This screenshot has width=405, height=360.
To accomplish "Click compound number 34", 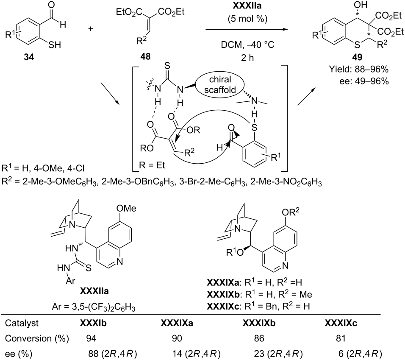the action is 29,57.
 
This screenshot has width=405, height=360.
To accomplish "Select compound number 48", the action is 145,56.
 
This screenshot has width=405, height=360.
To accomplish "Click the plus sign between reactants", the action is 90,29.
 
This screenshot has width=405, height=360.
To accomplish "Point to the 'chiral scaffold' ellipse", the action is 220,84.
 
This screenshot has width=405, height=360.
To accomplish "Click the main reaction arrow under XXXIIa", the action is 247,29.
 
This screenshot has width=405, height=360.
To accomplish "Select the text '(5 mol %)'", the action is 247,19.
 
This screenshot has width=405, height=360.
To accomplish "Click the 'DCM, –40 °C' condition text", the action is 247,45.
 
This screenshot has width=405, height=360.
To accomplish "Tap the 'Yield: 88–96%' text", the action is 359,70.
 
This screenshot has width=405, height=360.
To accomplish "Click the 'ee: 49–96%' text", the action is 364,81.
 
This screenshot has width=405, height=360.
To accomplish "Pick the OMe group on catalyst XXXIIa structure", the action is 126,208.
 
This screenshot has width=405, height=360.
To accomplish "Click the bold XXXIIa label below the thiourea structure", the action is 94,291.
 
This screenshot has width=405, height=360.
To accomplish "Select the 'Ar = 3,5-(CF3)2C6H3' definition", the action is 94,307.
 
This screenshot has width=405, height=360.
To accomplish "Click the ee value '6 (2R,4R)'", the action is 360,354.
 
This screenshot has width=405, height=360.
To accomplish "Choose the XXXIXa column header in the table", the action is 177,323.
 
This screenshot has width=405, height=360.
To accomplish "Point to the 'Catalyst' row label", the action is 22,323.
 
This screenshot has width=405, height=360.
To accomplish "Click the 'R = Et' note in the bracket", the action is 152,165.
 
